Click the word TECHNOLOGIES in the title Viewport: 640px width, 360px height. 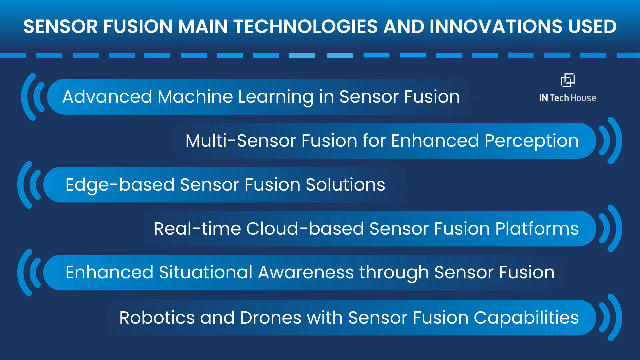(x=305, y=27)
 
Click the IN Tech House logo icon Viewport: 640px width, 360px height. (x=568, y=80)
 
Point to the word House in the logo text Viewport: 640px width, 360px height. (x=583, y=98)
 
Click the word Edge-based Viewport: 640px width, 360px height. (x=120, y=185)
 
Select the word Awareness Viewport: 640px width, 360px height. (x=306, y=272)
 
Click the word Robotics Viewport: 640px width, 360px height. (x=157, y=318)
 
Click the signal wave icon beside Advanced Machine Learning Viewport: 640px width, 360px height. (x=33, y=97)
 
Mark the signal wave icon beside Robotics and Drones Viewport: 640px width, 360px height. (x=610, y=317)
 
